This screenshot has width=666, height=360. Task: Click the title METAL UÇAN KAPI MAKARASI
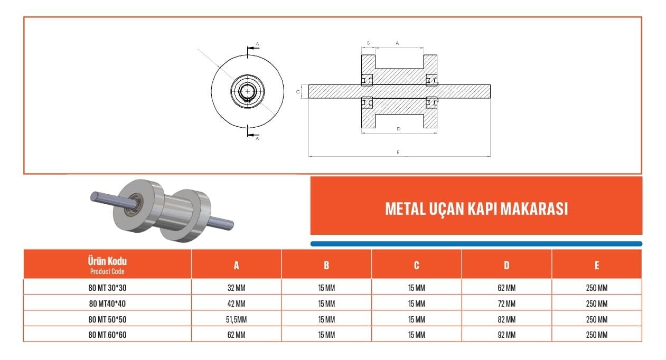tap(476, 209)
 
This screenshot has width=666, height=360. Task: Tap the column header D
tap(506, 265)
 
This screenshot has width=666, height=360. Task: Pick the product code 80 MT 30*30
tap(107, 288)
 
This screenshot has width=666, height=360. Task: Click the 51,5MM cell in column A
tap(237, 319)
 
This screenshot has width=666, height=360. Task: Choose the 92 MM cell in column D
tap(506, 335)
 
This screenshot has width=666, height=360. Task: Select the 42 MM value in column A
tap(237, 304)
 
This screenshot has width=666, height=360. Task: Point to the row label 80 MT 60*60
tap(107, 335)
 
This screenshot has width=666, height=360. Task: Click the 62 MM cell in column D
tap(506, 288)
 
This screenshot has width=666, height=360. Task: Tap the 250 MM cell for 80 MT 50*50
tap(597, 319)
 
